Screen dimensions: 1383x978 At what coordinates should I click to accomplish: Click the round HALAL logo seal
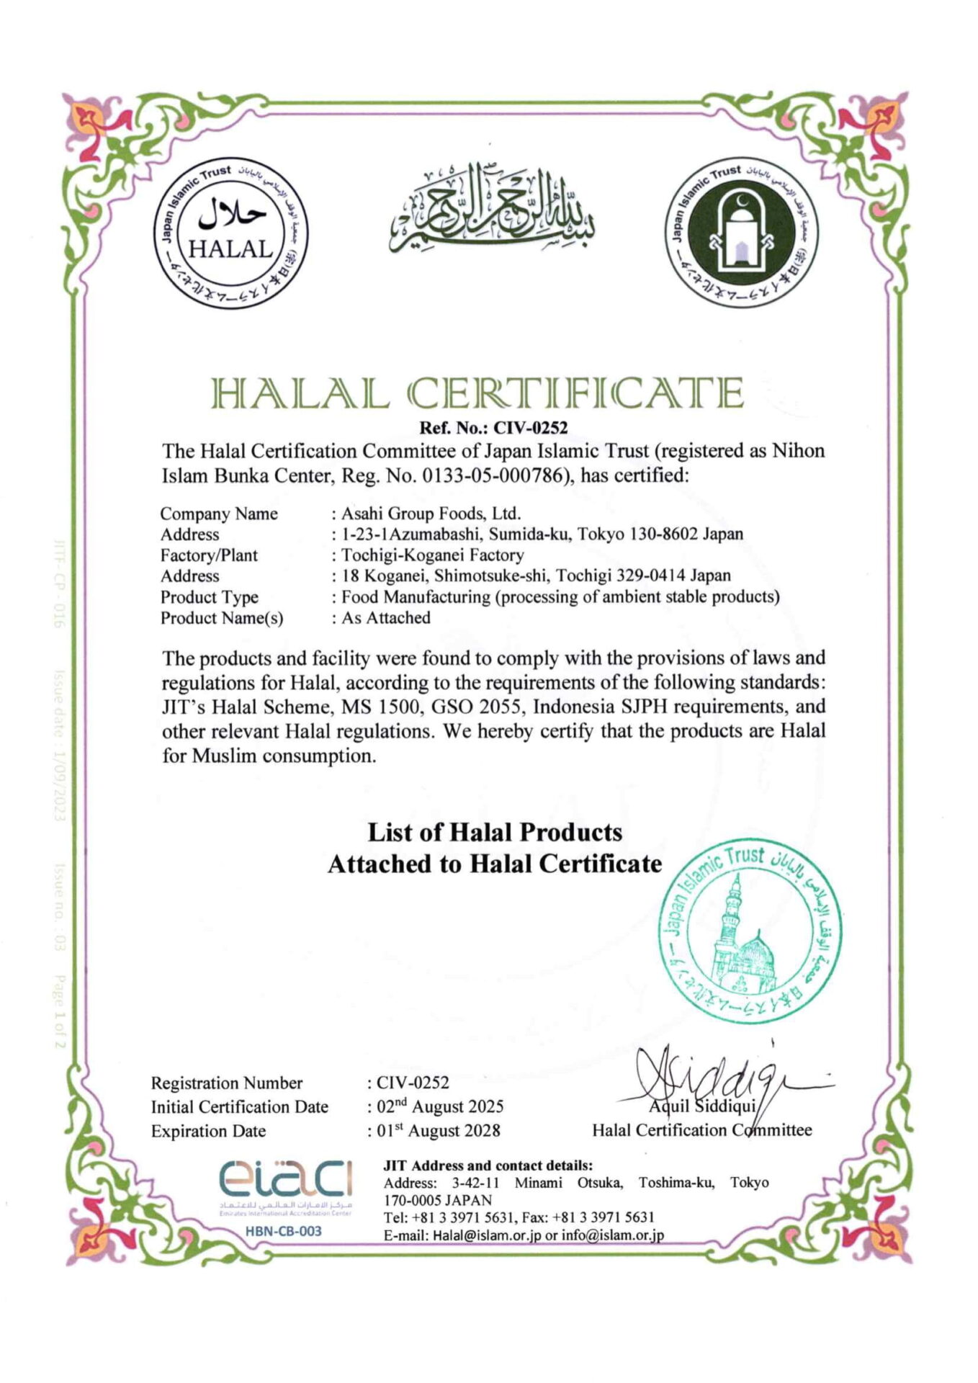click(231, 232)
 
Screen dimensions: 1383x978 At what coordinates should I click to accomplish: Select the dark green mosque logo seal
click(742, 232)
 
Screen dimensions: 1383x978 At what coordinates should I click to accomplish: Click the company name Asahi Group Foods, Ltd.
click(431, 514)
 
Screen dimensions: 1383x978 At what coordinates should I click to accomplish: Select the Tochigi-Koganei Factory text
click(432, 555)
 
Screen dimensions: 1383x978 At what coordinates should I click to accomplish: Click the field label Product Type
click(209, 597)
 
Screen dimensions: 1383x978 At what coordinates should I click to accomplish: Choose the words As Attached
click(386, 618)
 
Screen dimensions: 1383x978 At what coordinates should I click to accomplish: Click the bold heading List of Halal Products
click(495, 833)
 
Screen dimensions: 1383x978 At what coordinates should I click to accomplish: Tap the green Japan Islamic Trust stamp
click(749, 936)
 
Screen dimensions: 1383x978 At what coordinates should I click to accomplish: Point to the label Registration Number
click(227, 1083)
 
